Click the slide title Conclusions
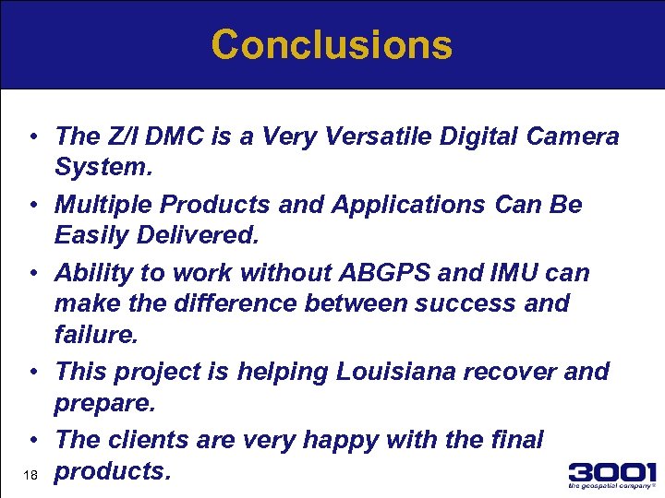click(x=332, y=44)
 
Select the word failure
click(x=95, y=334)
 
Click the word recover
click(x=524, y=372)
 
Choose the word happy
click(x=330, y=440)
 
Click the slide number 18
click(x=30, y=475)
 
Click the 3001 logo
click(x=611, y=475)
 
